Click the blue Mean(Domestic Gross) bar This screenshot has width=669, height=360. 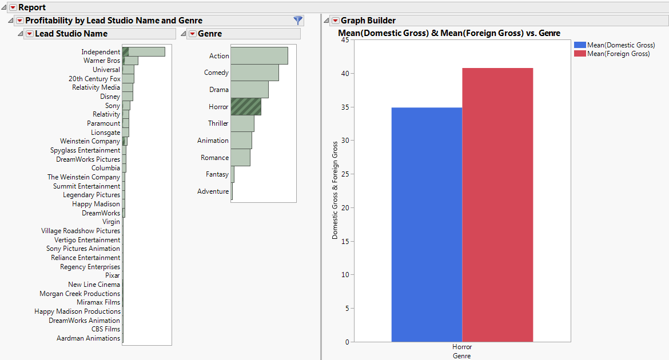tap(427, 225)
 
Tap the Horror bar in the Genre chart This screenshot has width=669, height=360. tap(246, 107)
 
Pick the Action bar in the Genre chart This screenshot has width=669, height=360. tap(259, 56)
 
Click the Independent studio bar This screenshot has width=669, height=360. tap(144, 52)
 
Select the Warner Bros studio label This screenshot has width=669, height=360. tap(102, 61)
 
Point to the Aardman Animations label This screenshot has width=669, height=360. tap(88, 338)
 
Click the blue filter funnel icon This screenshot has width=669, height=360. tap(298, 20)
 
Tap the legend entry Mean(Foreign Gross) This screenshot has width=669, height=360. tap(618, 54)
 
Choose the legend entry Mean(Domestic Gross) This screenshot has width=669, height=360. tap(620, 45)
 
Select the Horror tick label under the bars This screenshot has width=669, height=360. tap(462, 347)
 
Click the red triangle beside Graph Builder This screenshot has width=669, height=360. tap(335, 21)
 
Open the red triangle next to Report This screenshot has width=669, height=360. tap(13, 7)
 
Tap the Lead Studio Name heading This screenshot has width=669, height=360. tap(71, 34)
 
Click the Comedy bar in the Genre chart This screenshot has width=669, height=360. tap(254, 73)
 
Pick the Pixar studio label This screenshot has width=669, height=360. tap(113, 275)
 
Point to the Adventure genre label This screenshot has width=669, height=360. tap(213, 191)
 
